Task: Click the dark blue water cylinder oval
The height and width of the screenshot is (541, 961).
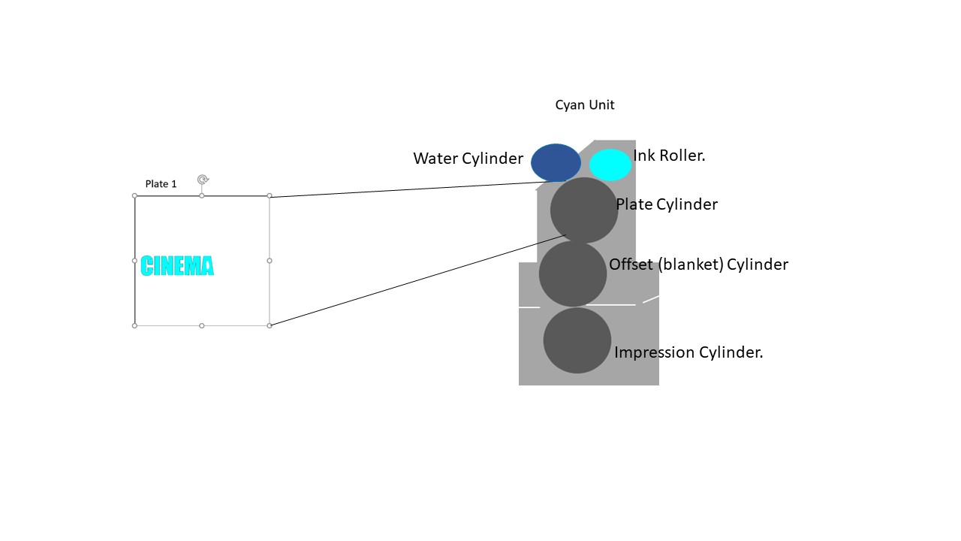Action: [x=556, y=162]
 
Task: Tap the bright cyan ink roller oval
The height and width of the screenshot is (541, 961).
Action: [x=610, y=165]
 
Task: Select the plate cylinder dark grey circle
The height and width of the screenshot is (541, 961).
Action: [x=584, y=210]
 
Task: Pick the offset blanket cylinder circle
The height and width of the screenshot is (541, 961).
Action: [x=573, y=274]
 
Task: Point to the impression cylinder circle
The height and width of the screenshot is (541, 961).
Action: [x=577, y=340]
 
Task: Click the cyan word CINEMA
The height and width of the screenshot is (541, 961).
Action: [x=177, y=266]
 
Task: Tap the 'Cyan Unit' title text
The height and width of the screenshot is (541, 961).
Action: [x=585, y=105]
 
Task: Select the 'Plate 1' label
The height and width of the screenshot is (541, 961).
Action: [x=161, y=184]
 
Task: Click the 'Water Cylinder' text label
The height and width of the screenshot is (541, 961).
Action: [x=468, y=159]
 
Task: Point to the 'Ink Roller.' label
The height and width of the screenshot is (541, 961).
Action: [x=669, y=156]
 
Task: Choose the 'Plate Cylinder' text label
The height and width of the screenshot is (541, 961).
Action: [x=667, y=204]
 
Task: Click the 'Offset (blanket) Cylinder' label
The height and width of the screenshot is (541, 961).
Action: [x=698, y=264]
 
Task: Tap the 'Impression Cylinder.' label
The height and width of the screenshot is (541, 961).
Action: [x=688, y=352]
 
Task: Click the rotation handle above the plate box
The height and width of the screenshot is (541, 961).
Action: [x=203, y=180]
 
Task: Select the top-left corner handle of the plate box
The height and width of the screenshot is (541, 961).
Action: [x=135, y=196]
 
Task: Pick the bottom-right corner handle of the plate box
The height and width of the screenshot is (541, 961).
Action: [x=270, y=325]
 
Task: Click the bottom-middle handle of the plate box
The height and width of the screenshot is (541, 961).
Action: [x=202, y=325]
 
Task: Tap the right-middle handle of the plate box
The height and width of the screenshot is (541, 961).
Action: [x=270, y=261]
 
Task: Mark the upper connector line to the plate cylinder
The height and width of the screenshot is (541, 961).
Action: [x=405, y=189]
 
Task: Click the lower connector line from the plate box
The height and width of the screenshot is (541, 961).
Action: [x=417, y=280]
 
